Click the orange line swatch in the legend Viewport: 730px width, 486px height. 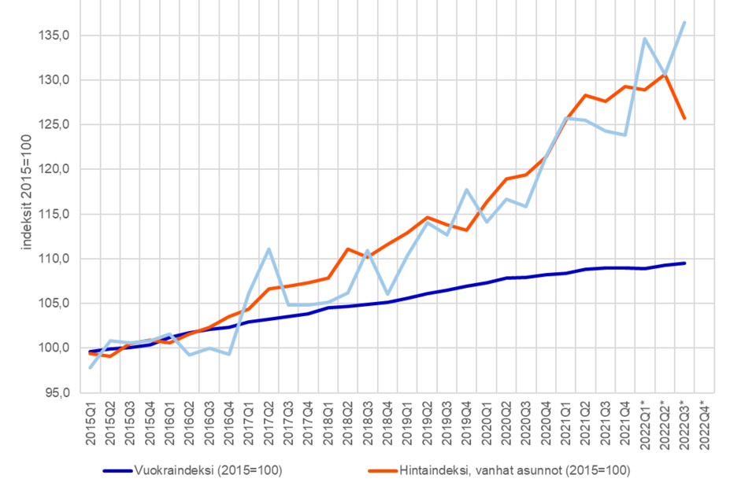click(x=384, y=471)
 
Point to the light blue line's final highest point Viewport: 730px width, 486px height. click(x=685, y=21)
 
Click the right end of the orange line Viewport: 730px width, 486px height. click(x=685, y=119)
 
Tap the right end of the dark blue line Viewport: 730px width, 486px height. click(x=686, y=263)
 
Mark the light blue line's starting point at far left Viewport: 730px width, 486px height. click(x=91, y=367)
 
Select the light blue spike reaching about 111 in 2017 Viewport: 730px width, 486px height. click(x=269, y=249)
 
